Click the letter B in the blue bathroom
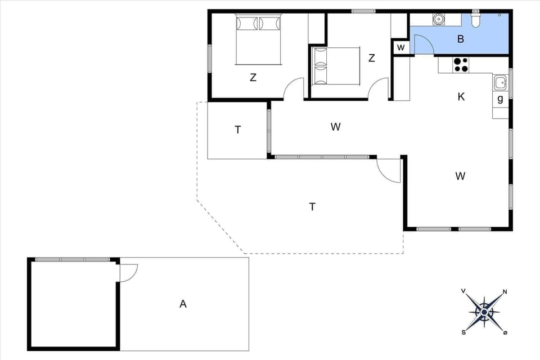[x=461, y=39]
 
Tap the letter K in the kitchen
[x=461, y=97]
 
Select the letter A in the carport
[x=183, y=304]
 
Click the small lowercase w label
[x=400, y=47]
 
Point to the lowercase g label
[x=500, y=100]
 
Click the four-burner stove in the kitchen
[x=461, y=65]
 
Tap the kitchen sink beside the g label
[x=500, y=83]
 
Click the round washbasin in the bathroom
[x=439, y=20]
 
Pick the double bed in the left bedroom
[x=258, y=39]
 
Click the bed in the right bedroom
[x=336, y=66]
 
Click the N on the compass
[x=505, y=292]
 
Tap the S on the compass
[x=464, y=332]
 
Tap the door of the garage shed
[x=128, y=273]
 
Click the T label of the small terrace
[x=238, y=130]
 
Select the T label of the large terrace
[x=312, y=207]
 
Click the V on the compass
[x=463, y=291]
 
